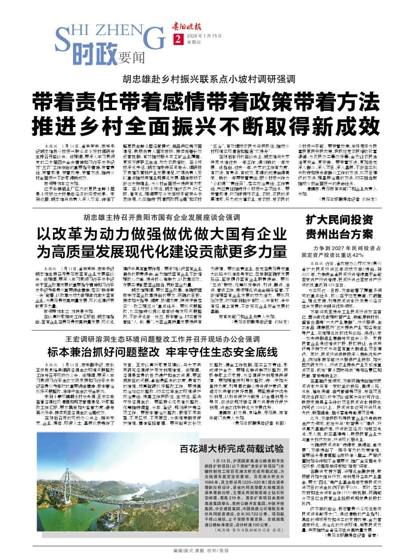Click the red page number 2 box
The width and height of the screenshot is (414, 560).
pyautogui.click(x=178, y=39)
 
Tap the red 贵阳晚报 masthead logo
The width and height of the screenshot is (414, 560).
pyautogui.click(x=187, y=27)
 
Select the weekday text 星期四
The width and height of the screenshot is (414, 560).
pyautogui.click(x=194, y=42)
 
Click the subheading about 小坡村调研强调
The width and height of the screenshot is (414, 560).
pyautogui.click(x=209, y=79)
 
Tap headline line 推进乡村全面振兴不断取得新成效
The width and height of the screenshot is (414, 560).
pyautogui.click(x=206, y=126)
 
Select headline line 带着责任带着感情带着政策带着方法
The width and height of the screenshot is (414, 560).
pyautogui.click(x=206, y=102)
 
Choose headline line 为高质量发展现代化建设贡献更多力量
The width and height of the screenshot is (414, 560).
pyautogui.click(x=162, y=251)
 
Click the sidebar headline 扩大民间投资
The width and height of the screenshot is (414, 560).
pyautogui.click(x=339, y=220)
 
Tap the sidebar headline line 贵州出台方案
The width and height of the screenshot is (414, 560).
pyautogui.click(x=339, y=234)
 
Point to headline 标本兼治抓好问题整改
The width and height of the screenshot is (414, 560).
pyautogui.click(x=103, y=352)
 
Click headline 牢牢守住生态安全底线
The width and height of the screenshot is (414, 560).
pyautogui.click(x=222, y=352)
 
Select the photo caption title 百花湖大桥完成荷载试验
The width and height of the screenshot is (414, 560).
pyautogui.click(x=231, y=449)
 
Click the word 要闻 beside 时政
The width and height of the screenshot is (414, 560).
pyautogui.click(x=131, y=58)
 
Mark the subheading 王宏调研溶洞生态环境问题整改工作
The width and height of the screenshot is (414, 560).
pyautogui.click(x=162, y=339)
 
